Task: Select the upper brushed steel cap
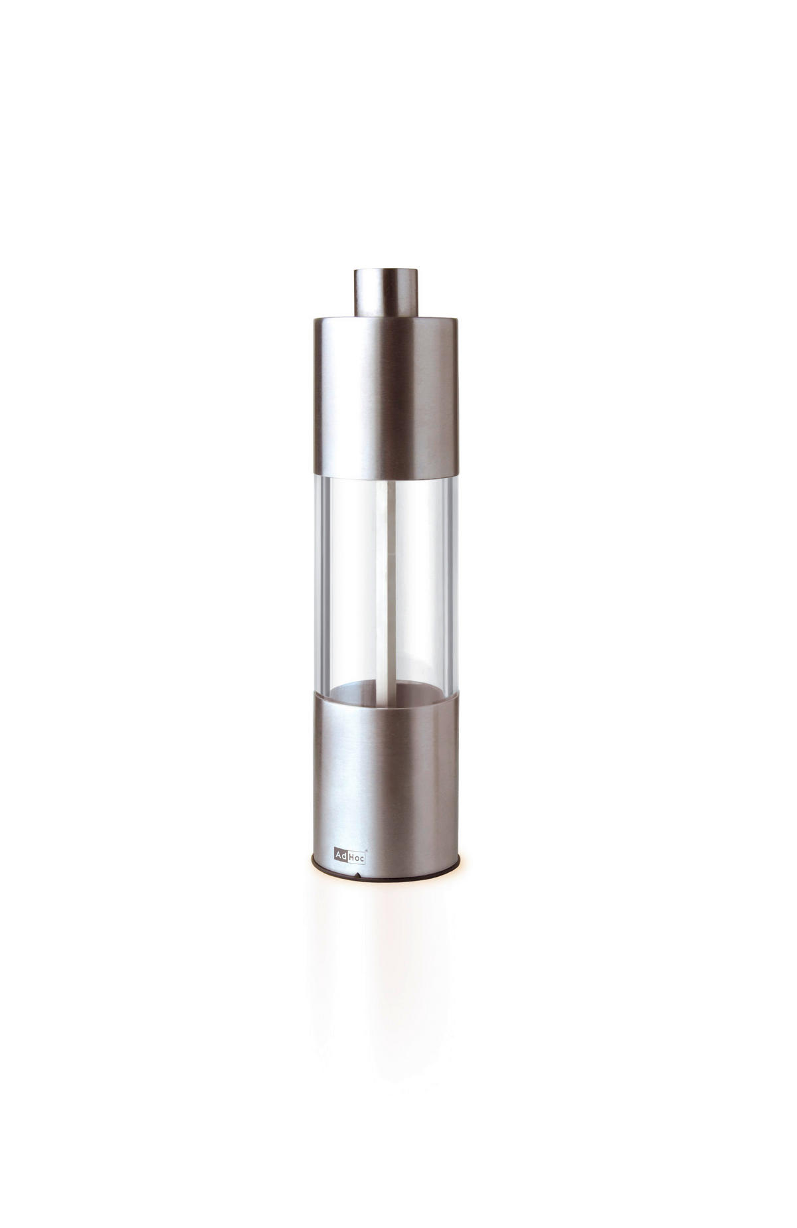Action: (385, 397)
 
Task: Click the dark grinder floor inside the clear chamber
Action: (385, 691)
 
